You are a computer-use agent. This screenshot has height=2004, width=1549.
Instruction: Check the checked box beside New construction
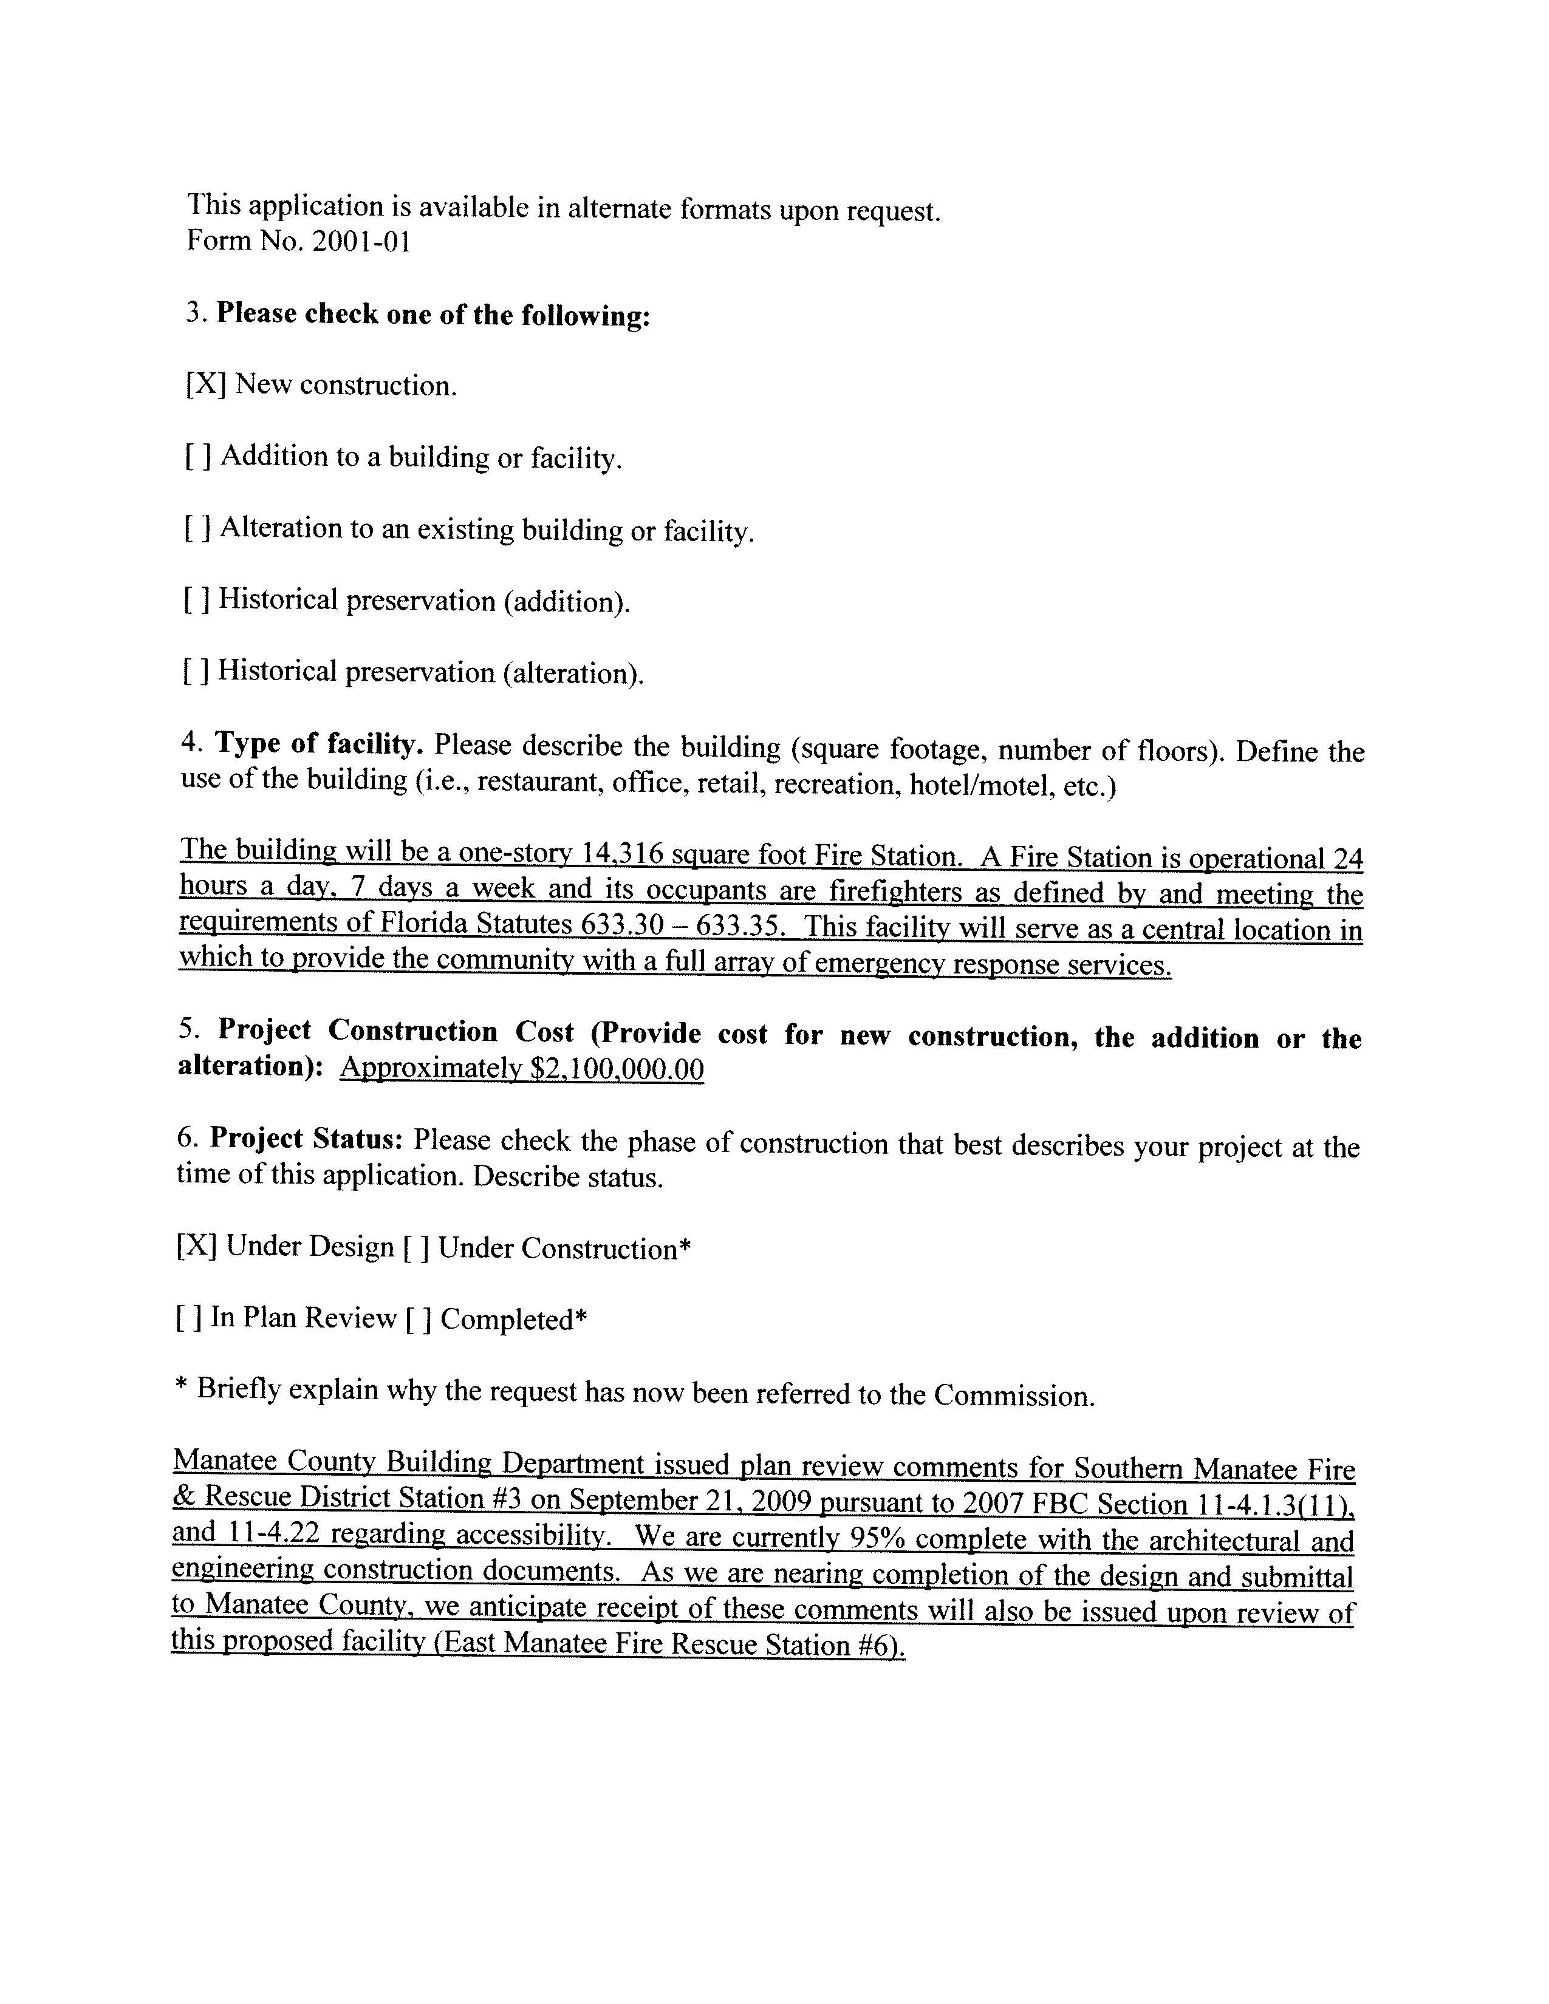click(205, 384)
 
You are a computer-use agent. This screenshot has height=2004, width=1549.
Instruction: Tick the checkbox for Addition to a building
click(198, 456)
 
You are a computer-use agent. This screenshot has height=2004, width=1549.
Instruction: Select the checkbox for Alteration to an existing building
click(197, 528)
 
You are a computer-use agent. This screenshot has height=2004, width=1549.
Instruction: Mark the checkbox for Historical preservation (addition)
click(196, 599)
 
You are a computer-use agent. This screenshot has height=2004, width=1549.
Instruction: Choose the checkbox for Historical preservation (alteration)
click(196, 672)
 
